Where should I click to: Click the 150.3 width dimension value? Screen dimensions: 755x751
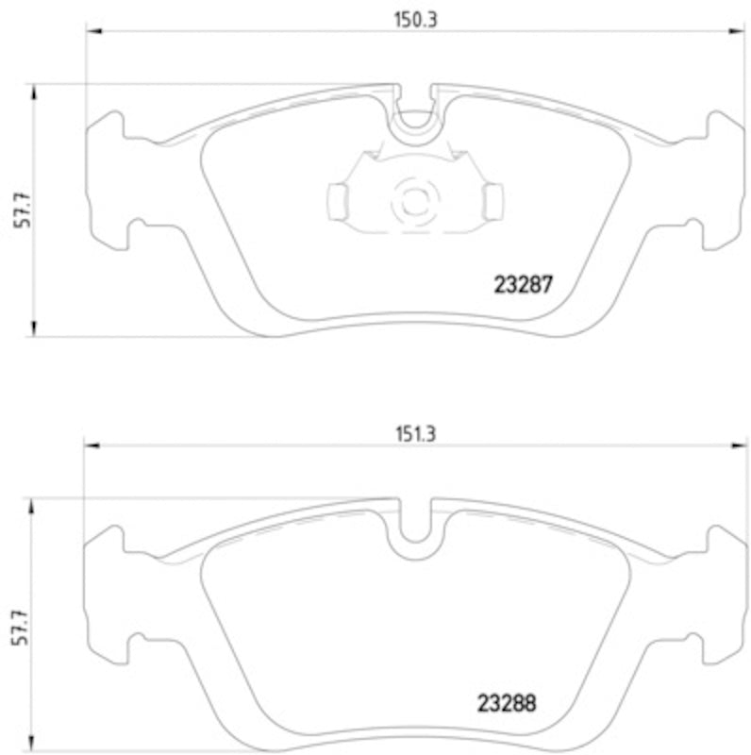tap(409, 18)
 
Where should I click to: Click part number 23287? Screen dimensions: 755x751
tap(523, 284)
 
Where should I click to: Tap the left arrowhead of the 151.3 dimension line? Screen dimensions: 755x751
tap(91, 447)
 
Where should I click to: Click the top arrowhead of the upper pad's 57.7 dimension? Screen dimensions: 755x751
tap(35, 91)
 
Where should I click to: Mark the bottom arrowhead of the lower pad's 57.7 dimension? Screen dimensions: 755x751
tap(35, 745)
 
